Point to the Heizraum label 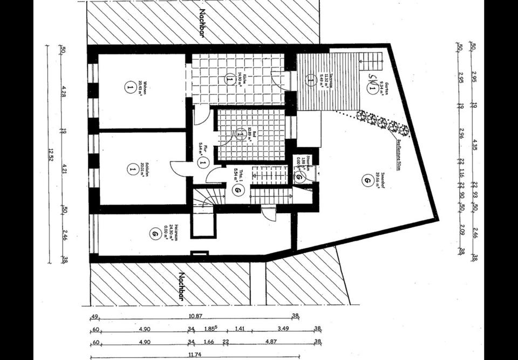pyautogui.click(x=172, y=233)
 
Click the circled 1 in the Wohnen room pyautogui.click(x=129, y=86)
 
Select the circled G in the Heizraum pyautogui.click(x=155, y=233)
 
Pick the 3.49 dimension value pyautogui.click(x=283, y=328)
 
